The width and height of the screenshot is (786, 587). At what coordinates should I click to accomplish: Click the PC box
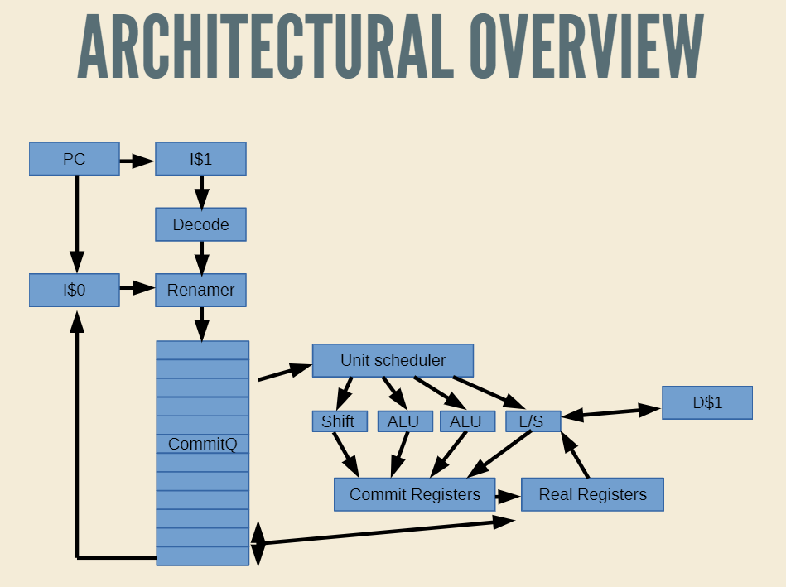(75, 159)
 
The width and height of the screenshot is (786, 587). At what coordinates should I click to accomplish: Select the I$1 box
(200, 159)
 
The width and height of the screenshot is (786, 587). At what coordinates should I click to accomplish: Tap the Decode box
(200, 224)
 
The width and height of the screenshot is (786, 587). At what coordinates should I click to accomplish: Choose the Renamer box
(200, 290)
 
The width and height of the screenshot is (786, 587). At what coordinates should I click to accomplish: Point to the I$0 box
(75, 290)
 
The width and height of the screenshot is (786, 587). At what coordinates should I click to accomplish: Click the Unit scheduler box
(393, 360)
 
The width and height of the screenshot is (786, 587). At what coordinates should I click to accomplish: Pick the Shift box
(340, 421)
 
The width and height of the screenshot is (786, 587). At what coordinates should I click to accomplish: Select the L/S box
(533, 421)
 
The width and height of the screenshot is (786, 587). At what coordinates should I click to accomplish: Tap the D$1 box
(707, 402)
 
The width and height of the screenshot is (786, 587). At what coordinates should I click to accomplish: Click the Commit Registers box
(415, 494)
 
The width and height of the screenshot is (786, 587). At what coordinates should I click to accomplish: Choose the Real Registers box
(592, 494)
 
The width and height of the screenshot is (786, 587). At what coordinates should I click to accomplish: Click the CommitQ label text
(203, 444)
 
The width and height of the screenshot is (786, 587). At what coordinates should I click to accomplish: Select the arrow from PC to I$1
(137, 161)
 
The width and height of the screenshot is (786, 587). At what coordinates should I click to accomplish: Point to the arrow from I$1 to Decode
(201, 192)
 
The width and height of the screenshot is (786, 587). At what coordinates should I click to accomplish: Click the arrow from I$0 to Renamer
(137, 288)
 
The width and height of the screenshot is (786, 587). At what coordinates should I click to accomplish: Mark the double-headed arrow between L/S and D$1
(611, 412)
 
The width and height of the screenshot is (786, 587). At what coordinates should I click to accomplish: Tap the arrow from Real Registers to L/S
(575, 455)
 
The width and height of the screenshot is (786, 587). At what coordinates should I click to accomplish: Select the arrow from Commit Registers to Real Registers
(509, 497)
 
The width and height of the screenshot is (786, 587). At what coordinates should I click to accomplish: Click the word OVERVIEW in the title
(587, 46)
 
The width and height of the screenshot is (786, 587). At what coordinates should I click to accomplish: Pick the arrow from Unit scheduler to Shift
(344, 393)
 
